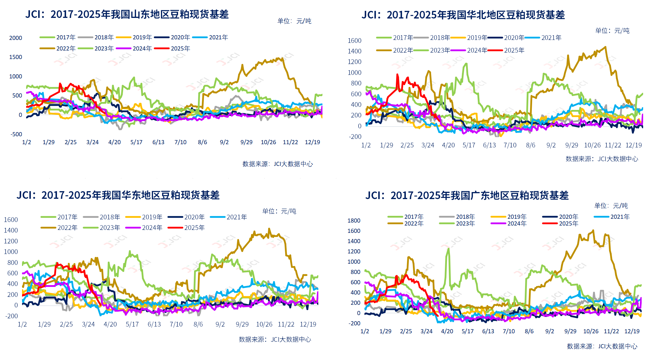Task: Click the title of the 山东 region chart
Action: tap(127, 14)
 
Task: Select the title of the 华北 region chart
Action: tap(463, 15)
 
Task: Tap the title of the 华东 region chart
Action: tap(118, 195)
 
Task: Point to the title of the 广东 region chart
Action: tap(467, 196)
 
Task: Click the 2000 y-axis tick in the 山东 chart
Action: tap(16, 38)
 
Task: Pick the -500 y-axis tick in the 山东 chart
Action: tap(16, 134)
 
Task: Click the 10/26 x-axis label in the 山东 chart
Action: tap(268, 142)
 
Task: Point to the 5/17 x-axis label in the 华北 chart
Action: tap(469, 145)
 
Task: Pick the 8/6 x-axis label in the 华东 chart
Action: tap(198, 324)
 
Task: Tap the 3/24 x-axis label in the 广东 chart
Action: tap(426, 331)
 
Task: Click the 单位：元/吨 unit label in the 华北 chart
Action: tap(612, 31)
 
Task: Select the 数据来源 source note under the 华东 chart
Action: tap(275, 339)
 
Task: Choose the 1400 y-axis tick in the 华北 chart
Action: tap(354, 51)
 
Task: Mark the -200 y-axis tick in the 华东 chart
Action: tap(11, 316)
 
